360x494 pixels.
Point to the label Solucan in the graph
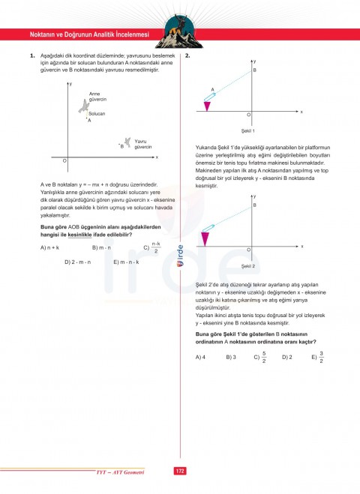click(x=97, y=113)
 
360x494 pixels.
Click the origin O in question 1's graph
click(x=64, y=161)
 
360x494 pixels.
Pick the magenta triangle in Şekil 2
click(x=207, y=240)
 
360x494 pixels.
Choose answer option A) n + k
click(x=50, y=247)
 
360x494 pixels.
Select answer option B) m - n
click(x=100, y=247)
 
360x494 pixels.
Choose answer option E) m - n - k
click(x=125, y=262)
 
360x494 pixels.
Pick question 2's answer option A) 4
click(x=199, y=358)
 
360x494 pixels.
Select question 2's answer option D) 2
click(x=286, y=358)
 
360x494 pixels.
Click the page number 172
click(x=179, y=471)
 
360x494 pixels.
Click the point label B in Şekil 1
click(x=254, y=70)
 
